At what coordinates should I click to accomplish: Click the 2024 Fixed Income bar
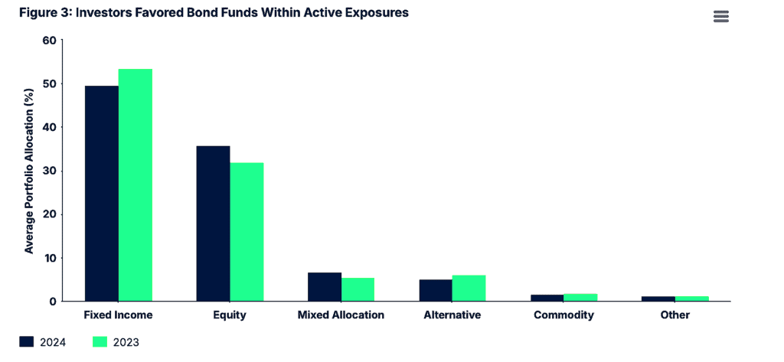tap(101, 194)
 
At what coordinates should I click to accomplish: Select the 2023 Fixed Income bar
tap(135, 185)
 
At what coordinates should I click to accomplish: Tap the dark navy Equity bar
tap(213, 223)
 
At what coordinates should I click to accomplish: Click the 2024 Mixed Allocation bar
tap(325, 287)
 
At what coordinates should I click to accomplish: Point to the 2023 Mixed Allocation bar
tap(358, 289)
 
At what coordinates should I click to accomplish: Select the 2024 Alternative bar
tap(436, 291)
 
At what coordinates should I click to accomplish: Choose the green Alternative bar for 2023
tap(469, 289)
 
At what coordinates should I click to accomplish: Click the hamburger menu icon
tap(721, 17)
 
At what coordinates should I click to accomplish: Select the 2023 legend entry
tap(116, 342)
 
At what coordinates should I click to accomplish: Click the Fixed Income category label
tap(118, 315)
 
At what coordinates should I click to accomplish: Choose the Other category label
tap(675, 315)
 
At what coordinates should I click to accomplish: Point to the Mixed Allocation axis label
tap(341, 315)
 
